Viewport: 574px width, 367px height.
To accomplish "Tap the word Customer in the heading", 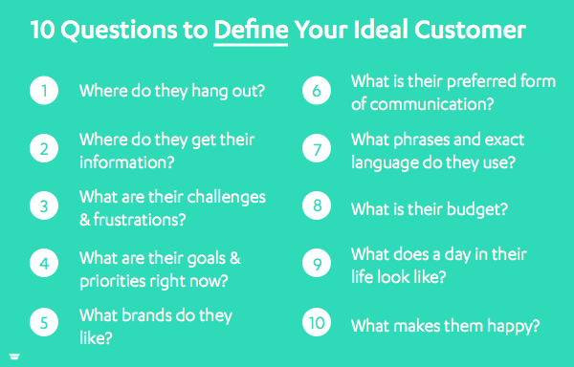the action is coord(470,30).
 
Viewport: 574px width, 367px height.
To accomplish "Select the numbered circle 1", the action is coord(44,90).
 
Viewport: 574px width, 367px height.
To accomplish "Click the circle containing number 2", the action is coord(44,148).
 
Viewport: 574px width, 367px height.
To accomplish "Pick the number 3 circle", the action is coord(44,205).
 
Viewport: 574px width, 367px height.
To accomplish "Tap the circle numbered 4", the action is coord(44,263).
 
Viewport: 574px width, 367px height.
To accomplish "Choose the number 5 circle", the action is coord(44,322).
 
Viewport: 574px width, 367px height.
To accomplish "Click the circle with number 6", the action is coord(317,90).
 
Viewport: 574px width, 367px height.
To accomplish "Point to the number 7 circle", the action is coord(317,148).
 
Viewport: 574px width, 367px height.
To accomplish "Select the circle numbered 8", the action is coord(317,205).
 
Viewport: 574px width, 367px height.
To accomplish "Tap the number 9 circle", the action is coord(317,263).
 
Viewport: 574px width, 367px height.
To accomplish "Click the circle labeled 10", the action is coord(317,322).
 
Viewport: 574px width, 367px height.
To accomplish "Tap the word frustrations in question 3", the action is coord(140,219).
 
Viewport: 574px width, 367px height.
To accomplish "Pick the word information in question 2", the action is coord(127,162).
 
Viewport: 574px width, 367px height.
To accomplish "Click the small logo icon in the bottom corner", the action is coord(14,356).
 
